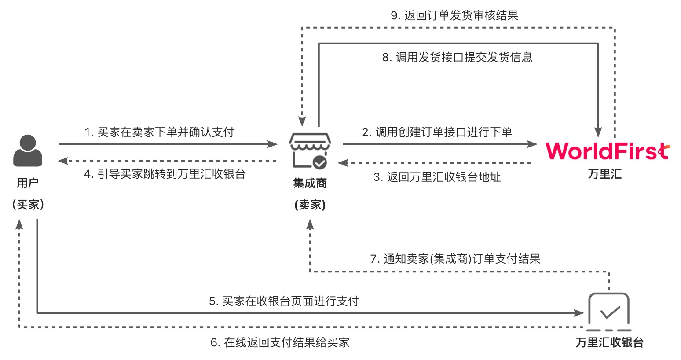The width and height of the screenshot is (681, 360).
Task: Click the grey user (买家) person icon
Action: pyautogui.click(x=28, y=151)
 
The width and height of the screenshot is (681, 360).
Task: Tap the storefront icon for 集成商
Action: pyautogui.click(x=310, y=151)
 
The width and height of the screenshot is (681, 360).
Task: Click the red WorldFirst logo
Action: pyautogui.click(x=607, y=151)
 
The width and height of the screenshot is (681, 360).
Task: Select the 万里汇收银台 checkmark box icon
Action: pyautogui.click(x=609, y=312)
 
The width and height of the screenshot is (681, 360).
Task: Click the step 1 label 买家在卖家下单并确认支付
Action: pyautogui.click(x=159, y=132)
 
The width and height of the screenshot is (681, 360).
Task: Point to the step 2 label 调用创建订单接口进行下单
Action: pyautogui.click(x=437, y=132)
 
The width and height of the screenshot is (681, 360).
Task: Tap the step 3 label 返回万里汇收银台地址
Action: pyautogui.click(x=437, y=177)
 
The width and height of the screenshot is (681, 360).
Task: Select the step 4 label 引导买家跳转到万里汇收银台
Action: pyautogui.click(x=165, y=174)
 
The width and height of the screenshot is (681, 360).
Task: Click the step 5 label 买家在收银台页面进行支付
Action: pyautogui.click(x=284, y=301)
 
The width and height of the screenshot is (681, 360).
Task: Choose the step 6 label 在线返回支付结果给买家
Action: pyautogui.click(x=280, y=342)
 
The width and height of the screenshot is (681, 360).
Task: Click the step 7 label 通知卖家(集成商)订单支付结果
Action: pyautogui.click(x=455, y=259)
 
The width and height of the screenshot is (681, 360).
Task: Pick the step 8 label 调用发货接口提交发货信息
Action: pyautogui.click(x=457, y=57)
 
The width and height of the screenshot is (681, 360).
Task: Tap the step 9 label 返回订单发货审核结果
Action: pyautogui.click(x=454, y=16)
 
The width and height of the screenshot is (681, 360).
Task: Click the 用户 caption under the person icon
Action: pyautogui.click(x=28, y=183)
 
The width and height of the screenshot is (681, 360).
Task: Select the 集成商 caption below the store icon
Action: pyautogui.click(x=310, y=183)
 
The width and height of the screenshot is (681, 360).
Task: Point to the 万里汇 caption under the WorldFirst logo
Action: pyautogui.click(x=605, y=174)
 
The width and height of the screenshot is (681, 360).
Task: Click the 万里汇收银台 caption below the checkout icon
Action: pyautogui.click(x=609, y=342)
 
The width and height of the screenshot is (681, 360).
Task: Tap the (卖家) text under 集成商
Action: pyautogui.click(x=310, y=205)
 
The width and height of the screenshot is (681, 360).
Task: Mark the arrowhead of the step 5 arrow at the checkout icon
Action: pyautogui.click(x=580, y=313)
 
